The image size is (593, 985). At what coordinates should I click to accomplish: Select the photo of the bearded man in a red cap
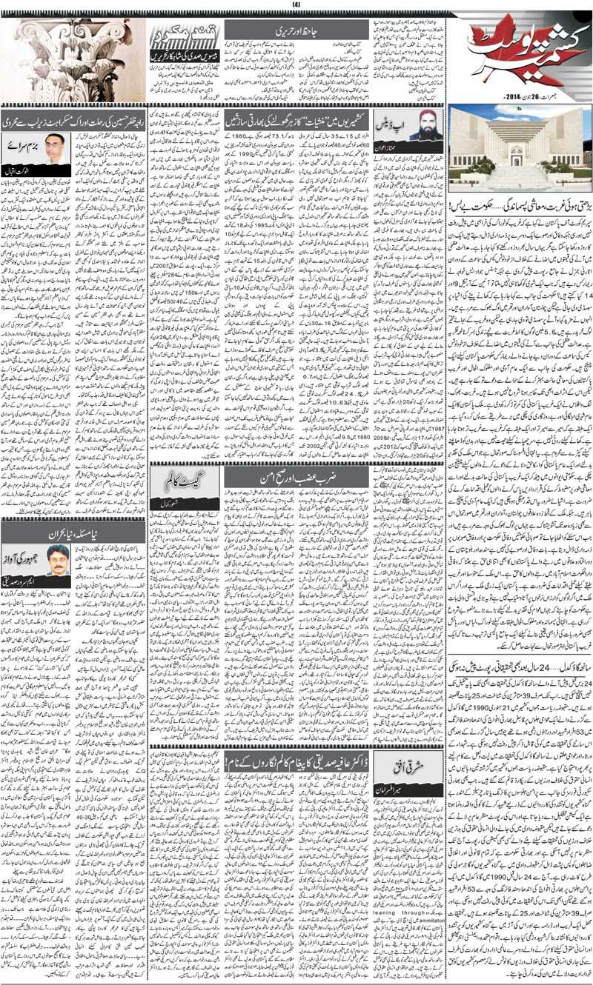pos(422,127)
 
